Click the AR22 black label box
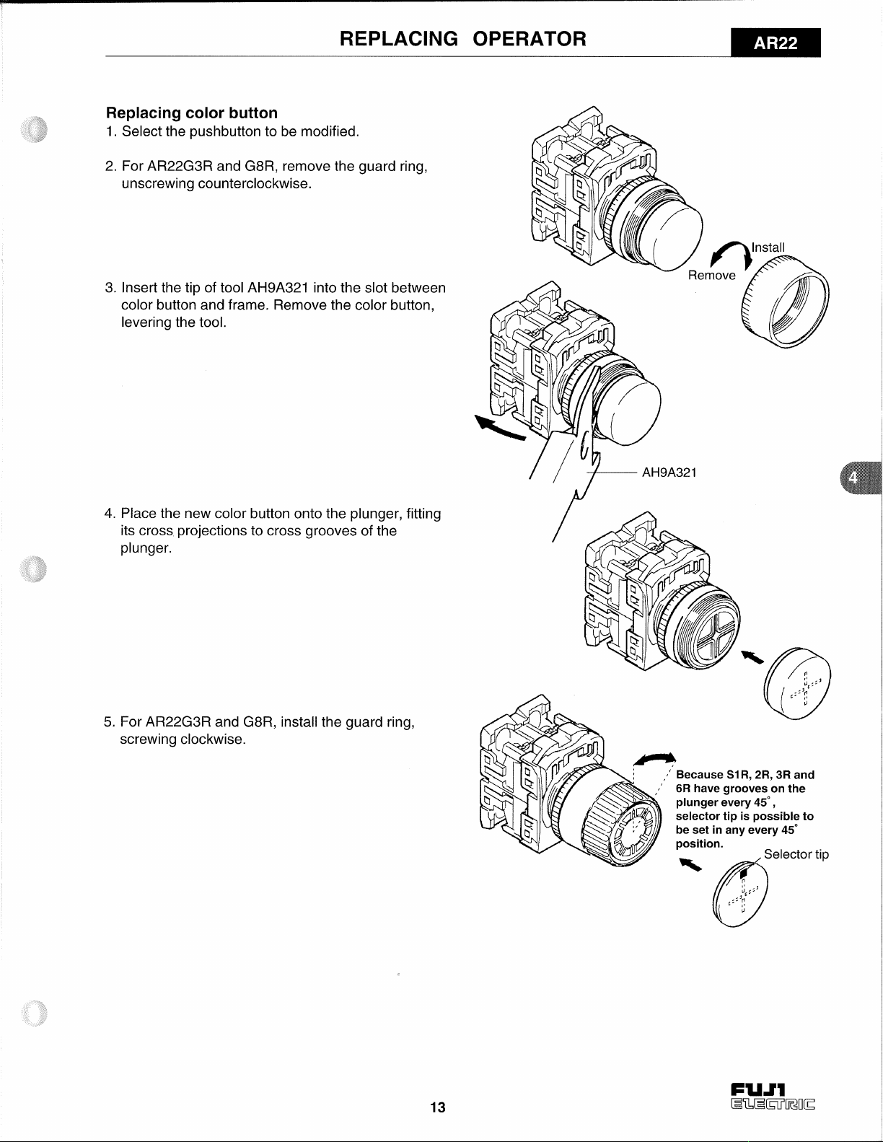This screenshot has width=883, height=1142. pos(776,43)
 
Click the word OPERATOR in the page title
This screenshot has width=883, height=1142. pos(529,39)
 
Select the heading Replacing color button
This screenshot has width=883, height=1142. pos(192,113)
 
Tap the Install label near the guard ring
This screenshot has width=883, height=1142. pos(768,247)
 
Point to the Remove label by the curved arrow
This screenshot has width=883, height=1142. pos(712,276)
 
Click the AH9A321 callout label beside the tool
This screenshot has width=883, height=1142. pos(669,473)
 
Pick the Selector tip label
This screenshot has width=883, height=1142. pos(796,854)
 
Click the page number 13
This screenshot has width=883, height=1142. pos(438,1107)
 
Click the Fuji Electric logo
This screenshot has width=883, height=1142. pos(772,1097)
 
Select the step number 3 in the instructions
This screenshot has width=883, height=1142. pos(109,288)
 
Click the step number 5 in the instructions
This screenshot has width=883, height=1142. pos(108,722)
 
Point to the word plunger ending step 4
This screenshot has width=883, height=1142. pos(146,548)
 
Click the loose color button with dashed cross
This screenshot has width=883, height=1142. pos(797,684)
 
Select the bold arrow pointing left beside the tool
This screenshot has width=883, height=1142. pos(499,428)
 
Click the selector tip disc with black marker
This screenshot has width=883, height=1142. pos(740,894)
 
